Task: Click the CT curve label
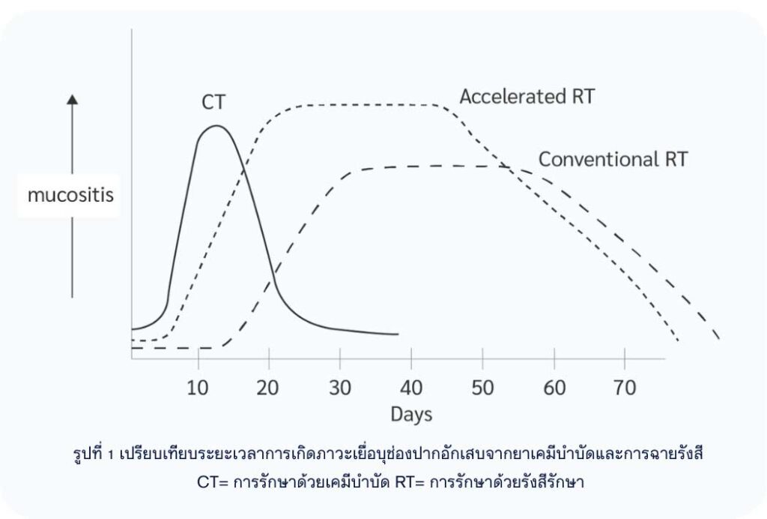[213, 103]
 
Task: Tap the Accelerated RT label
[527, 97]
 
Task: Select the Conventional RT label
[613, 159]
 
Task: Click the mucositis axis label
[70, 196]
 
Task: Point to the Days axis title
[411, 414]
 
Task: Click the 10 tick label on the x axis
[198, 388]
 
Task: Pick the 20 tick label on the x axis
[268, 388]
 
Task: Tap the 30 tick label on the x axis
[339, 388]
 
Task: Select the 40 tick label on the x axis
[410, 388]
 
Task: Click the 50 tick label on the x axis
[482, 388]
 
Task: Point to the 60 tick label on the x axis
[554, 388]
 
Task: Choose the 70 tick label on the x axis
[624, 388]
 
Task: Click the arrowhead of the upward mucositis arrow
[72, 98]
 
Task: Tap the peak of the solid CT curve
[216, 125]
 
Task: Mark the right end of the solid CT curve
[398, 334]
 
